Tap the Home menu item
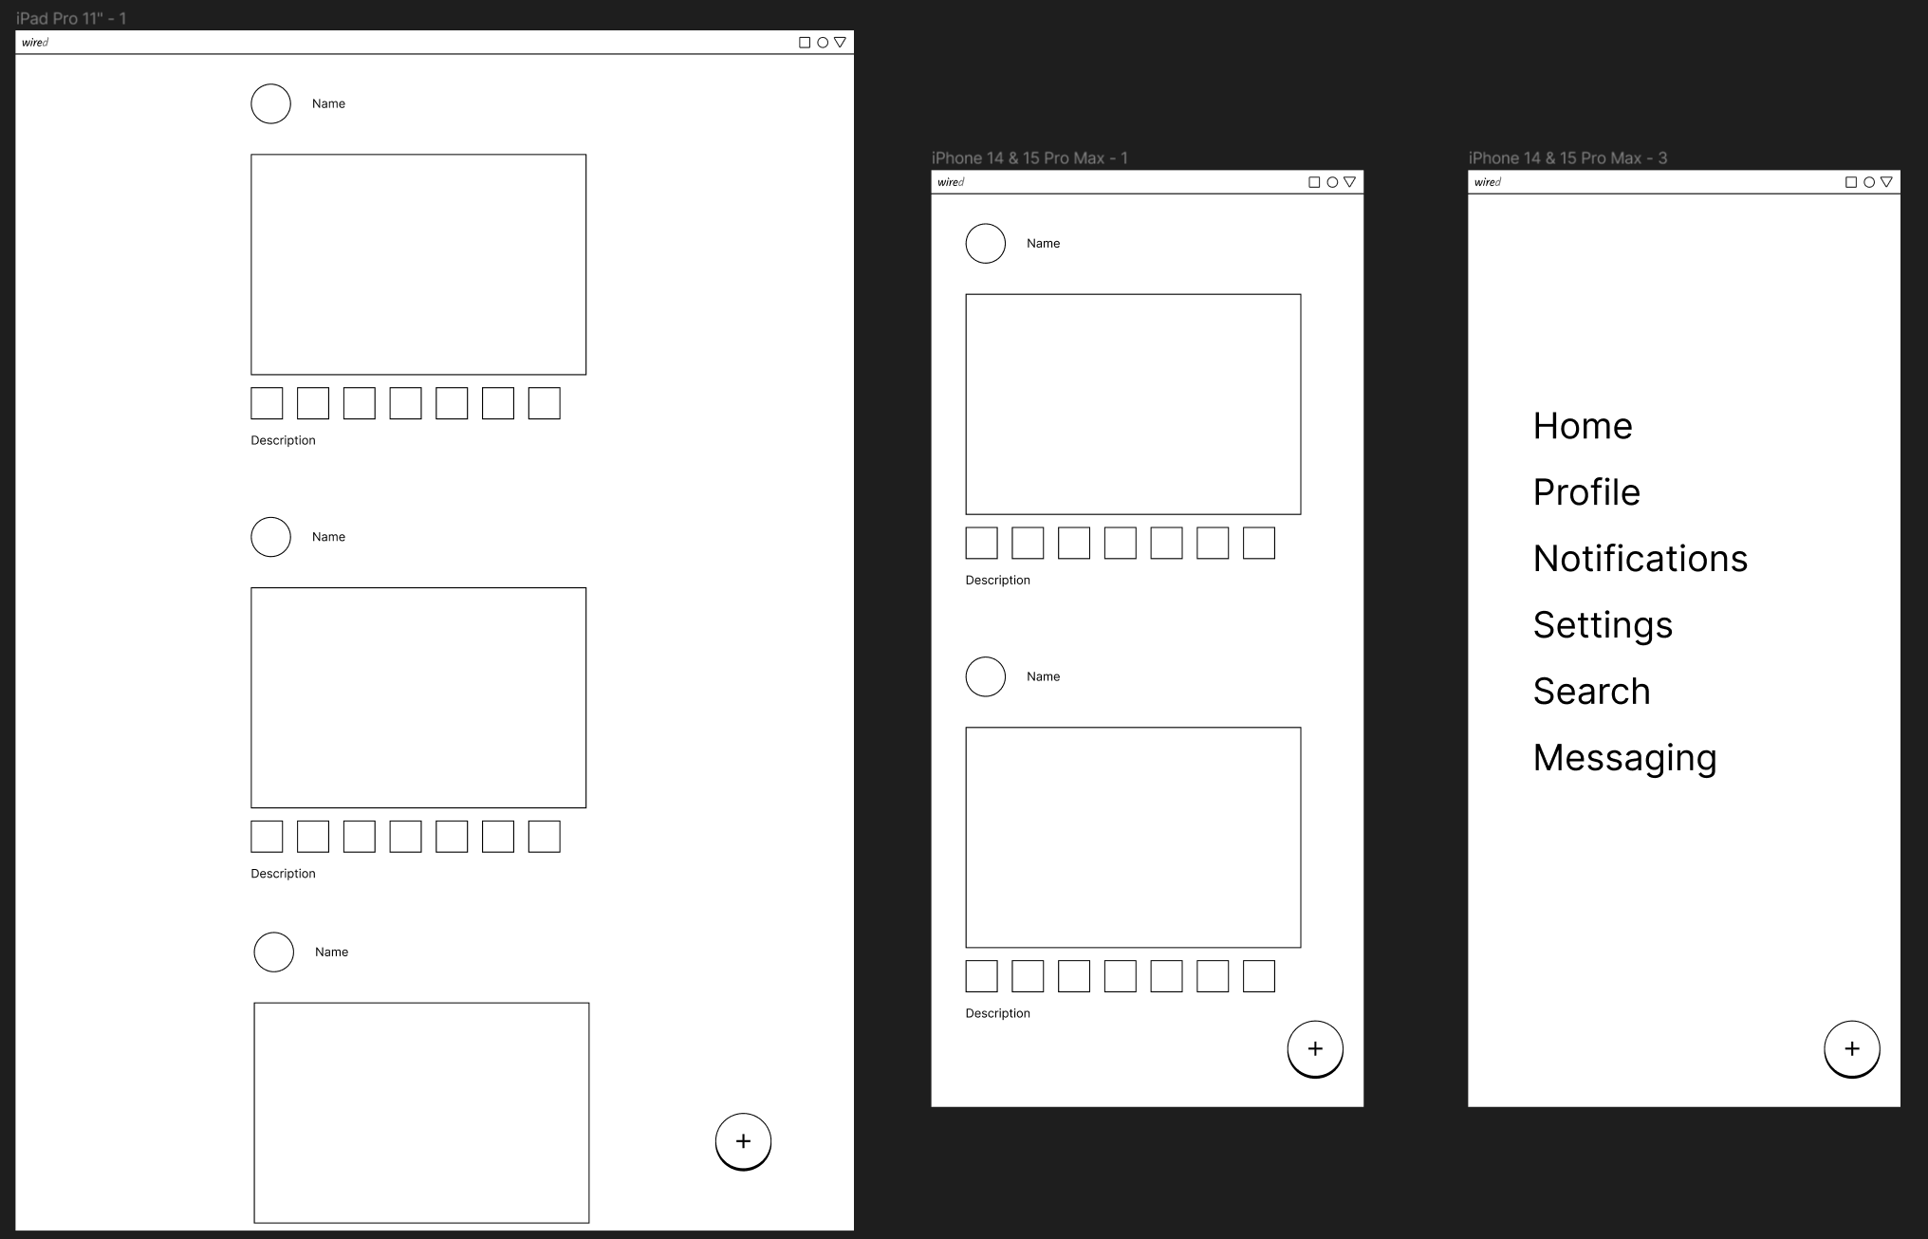point(1583,426)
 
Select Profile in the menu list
point(1586,492)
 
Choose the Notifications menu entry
point(1641,559)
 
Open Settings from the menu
point(1603,626)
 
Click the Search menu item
point(1592,692)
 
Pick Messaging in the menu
point(1625,759)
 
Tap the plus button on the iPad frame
point(743,1141)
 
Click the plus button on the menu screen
point(1852,1049)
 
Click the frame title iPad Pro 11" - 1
point(71,18)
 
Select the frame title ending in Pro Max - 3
point(1567,158)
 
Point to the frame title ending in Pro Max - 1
point(1029,158)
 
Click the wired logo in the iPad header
point(35,43)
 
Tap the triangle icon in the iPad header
point(840,42)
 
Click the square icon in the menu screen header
point(1851,182)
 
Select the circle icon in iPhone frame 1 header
point(1332,182)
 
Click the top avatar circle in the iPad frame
point(270,103)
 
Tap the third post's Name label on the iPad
point(331,952)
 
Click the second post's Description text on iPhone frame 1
point(997,1013)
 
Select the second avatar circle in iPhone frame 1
point(985,676)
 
